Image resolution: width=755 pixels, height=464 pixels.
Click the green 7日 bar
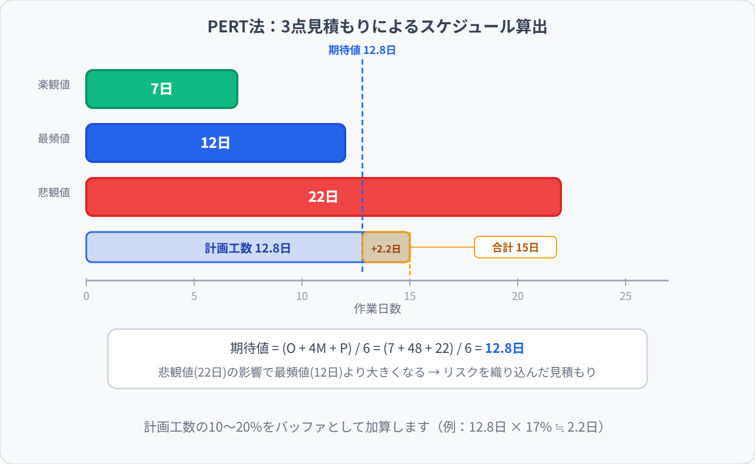click(x=162, y=89)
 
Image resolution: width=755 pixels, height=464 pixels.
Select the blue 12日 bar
click(x=216, y=143)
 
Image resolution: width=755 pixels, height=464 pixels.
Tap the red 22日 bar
click(x=324, y=197)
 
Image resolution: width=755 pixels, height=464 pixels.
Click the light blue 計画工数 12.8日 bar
click(x=224, y=248)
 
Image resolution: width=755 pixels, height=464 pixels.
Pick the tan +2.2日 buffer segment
click(x=386, y=248)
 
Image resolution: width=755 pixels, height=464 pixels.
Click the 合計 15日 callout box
click(x=515, y=248)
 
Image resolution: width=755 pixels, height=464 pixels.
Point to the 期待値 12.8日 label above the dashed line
click(x=362, y=50)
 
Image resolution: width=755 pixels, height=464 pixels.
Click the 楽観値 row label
click(x=54, y=85)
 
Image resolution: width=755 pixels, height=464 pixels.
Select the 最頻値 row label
click(x=54, y=139)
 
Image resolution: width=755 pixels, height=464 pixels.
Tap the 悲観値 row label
click(x=54, y=193)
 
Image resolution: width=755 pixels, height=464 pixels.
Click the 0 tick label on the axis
click(x=86, y=296)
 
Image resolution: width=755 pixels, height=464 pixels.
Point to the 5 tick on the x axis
click(x=194, y=296)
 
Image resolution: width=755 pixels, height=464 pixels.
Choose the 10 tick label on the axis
click(x=302, y=296)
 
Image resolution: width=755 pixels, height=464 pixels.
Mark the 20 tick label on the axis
click(x=518, y=296)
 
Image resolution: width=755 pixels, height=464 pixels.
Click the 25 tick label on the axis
click(x=626, y=296)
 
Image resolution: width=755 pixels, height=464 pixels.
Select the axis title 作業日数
click(x=377, y=309)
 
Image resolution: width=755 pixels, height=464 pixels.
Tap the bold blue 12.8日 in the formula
click(x=504, y=348)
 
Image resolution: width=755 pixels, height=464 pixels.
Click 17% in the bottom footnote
click(x=539, y=427)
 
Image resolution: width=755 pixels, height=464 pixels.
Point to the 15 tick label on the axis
click(x=410, y=296)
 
